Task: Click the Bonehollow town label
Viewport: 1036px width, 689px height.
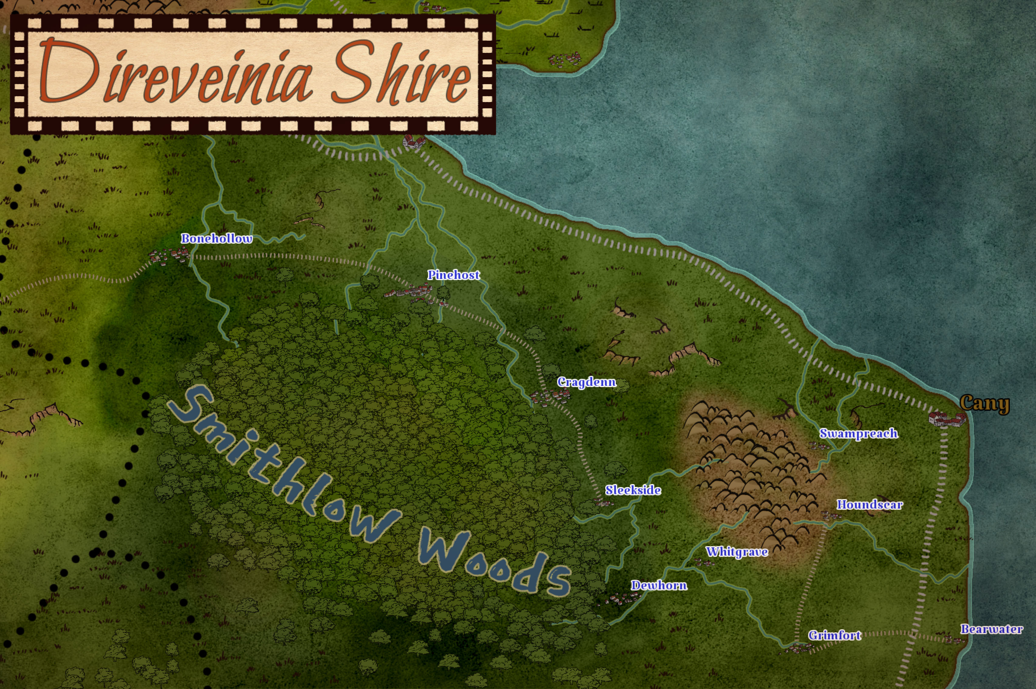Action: coord(216,239)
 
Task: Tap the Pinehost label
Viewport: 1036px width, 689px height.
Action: coord(453,275)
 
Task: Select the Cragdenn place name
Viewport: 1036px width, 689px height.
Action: coord(587,382)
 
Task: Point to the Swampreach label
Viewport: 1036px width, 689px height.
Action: coord(858,433)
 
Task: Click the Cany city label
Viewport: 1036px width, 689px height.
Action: coord(984,403)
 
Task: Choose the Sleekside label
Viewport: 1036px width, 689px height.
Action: coord(633,490)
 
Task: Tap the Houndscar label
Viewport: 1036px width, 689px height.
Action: coord(870,504)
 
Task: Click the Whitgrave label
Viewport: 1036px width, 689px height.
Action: coord(737,552)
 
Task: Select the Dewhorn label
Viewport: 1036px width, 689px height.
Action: coord(659,585)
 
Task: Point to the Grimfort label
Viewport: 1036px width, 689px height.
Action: coord(834,635)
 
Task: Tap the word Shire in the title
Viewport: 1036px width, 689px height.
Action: coord(401,73)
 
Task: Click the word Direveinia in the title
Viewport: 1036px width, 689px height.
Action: coord(176,73)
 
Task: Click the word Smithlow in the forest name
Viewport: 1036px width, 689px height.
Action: coord(281,461)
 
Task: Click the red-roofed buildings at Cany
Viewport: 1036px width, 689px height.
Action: coord(947,418)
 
